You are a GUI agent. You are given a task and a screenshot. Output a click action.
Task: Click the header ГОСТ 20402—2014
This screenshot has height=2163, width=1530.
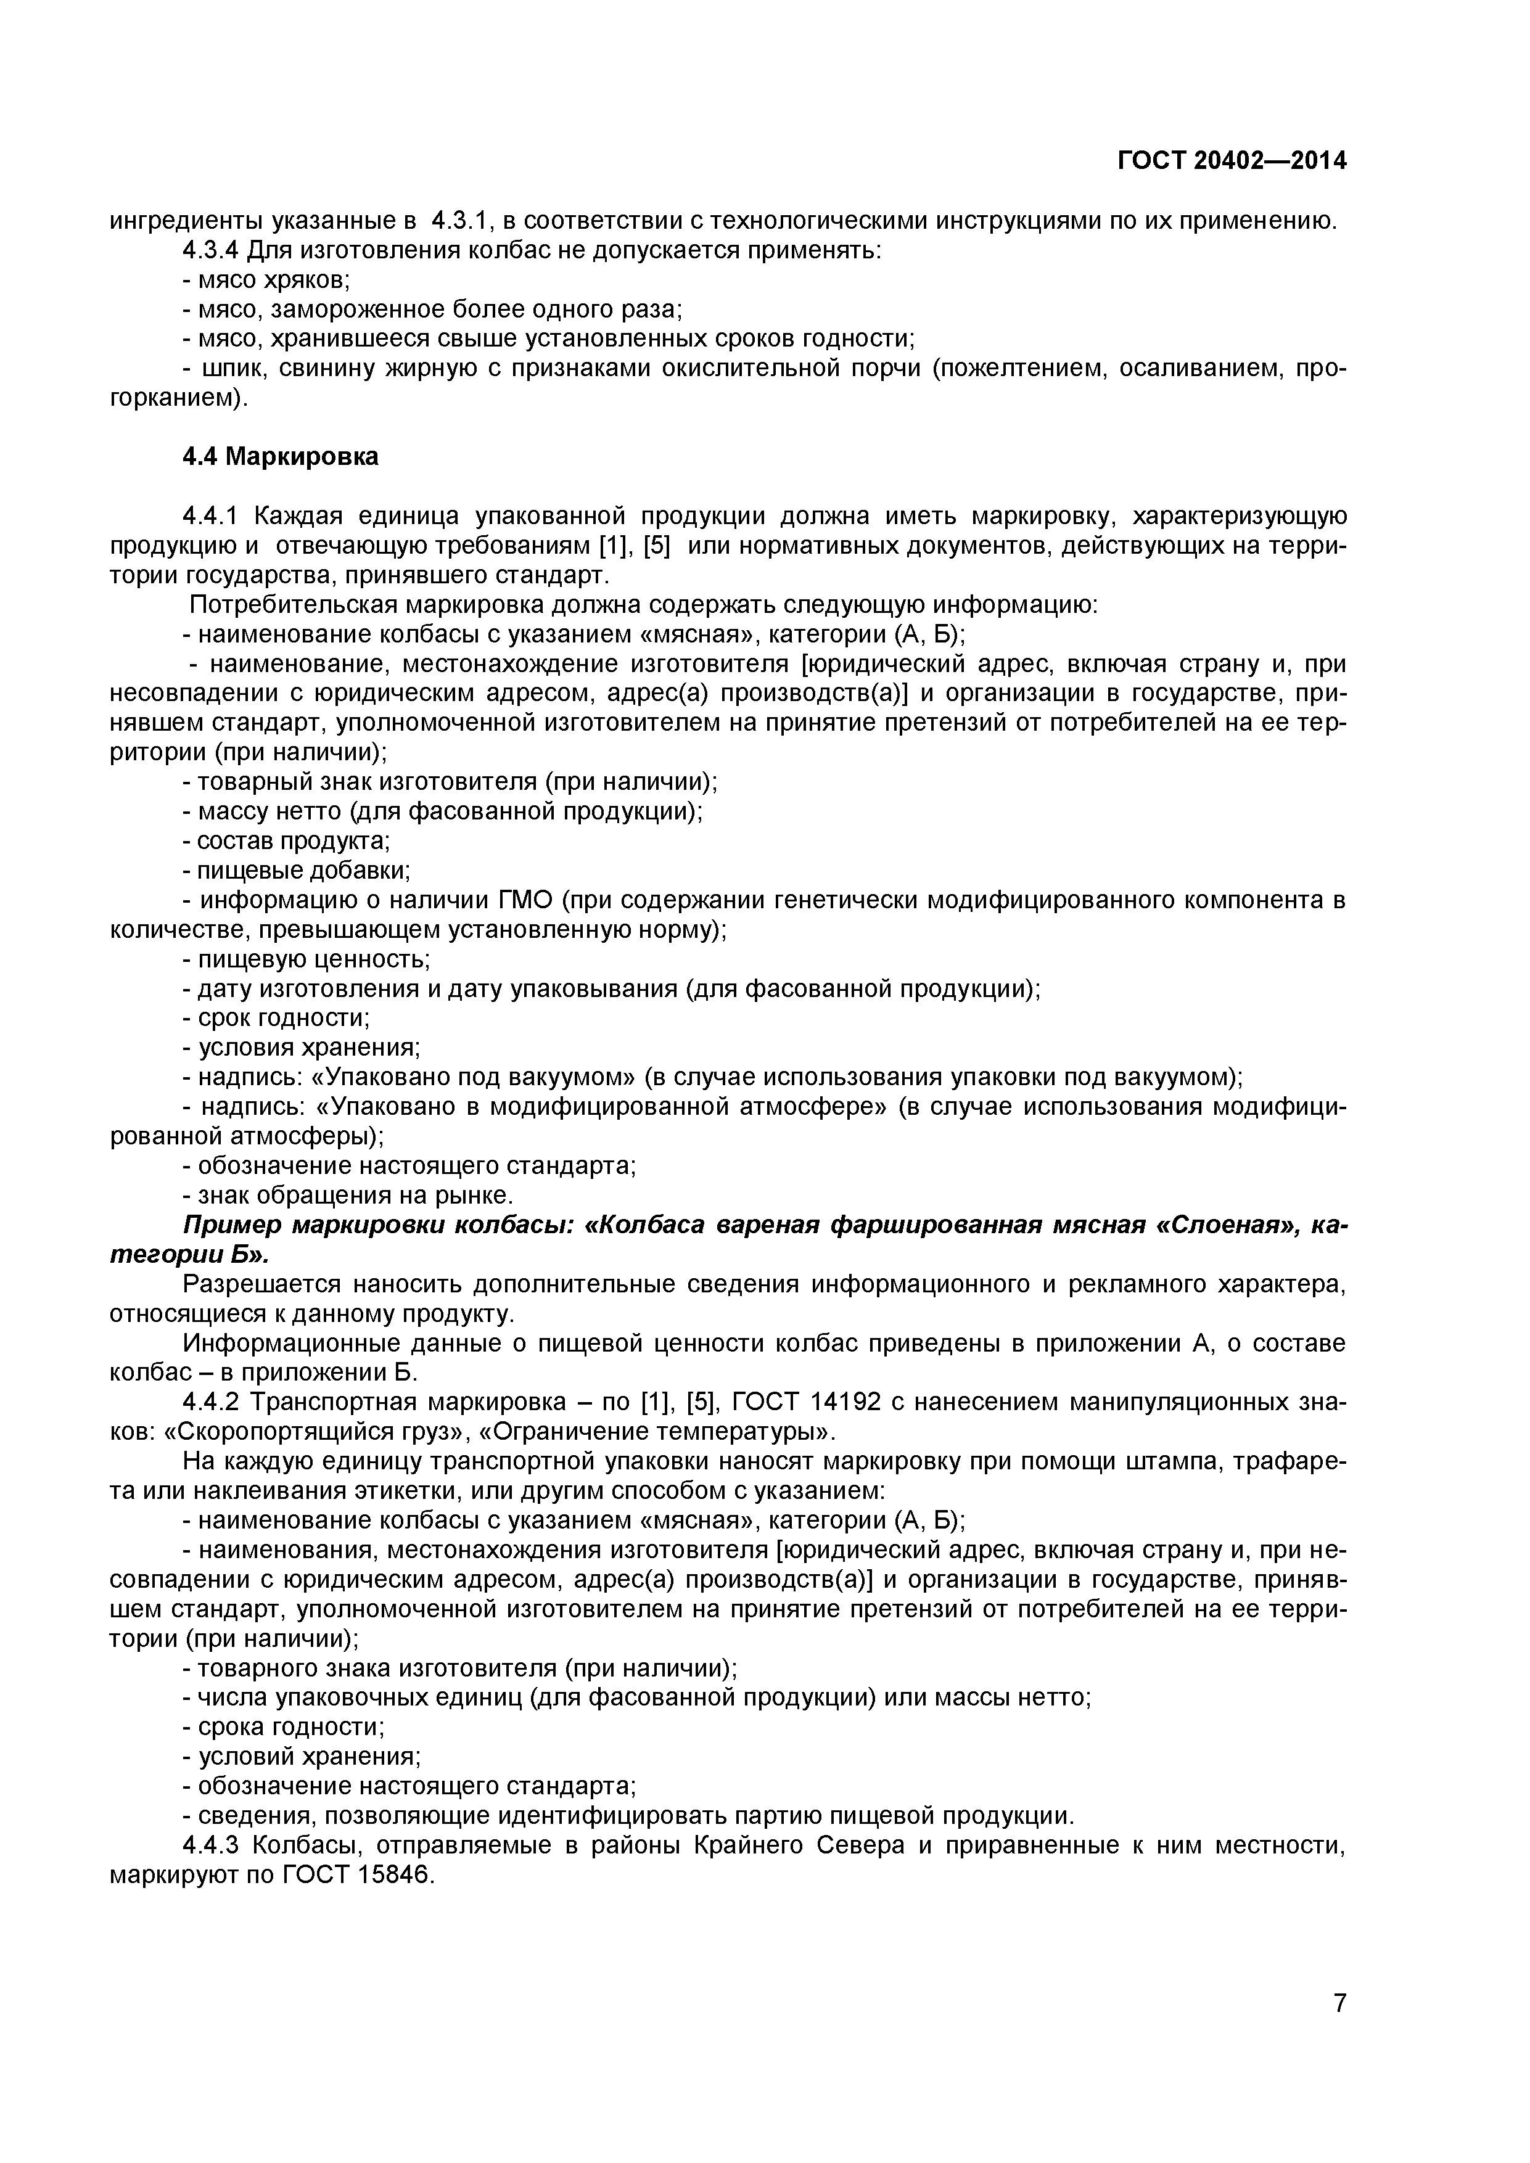[1232, 161]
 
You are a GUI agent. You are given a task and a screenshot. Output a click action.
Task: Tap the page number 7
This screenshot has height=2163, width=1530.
[1339, 2029]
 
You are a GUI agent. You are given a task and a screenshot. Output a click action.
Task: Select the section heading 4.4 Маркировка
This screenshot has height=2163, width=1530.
[280, 457]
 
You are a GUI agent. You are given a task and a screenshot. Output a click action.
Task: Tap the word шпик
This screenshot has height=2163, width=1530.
[224, 368]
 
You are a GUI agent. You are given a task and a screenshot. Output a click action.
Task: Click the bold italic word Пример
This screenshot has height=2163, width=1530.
[232, 1226]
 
